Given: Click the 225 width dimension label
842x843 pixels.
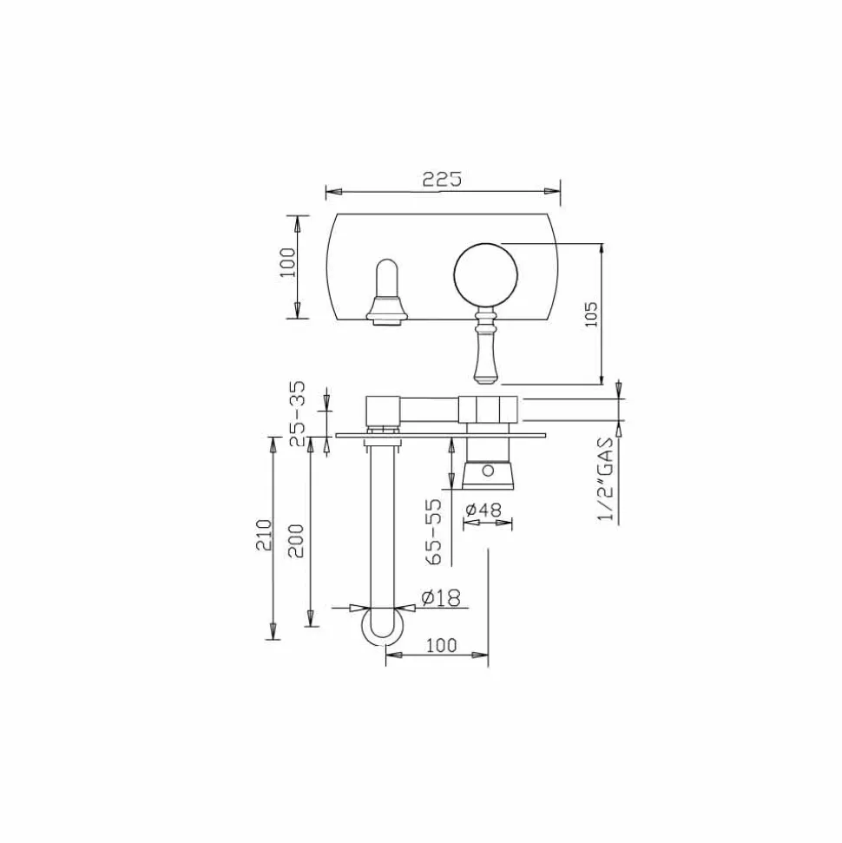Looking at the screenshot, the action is pos(442,179).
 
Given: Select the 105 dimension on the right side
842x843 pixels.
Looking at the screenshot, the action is pos(591,314).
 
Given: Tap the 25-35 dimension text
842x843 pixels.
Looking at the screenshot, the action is pos(298,413).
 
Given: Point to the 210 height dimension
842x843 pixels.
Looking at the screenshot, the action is pos(264,534).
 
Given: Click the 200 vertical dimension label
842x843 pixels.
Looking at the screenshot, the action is pos(296,540).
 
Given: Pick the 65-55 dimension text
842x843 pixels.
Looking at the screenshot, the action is pos(433,531).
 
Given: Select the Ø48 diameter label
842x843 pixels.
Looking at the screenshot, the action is pos(483,509).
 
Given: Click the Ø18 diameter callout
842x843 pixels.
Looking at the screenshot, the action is pos(441,597).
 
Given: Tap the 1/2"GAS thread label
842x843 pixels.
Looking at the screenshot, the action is pos(605,479).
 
